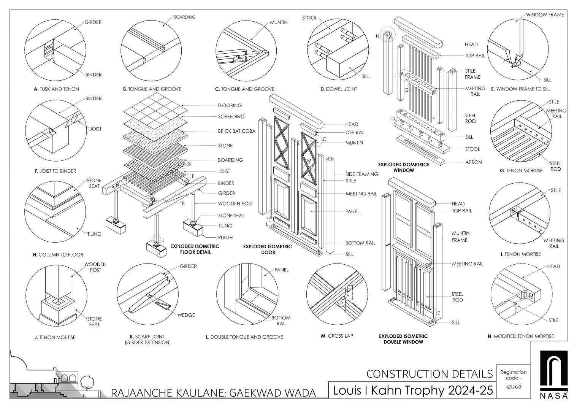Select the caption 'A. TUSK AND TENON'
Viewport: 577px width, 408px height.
pos(56,89)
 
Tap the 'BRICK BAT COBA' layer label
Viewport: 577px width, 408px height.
pos(236,131)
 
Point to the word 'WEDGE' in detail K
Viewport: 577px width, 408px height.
pos(186,315)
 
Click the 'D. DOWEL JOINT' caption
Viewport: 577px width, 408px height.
pos(339,89)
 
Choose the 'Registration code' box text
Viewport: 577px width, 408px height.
pos(514,375)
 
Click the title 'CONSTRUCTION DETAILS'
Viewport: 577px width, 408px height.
pos(430,374)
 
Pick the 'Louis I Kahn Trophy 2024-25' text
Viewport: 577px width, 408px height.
pos(413,391)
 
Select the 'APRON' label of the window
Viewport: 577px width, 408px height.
pos(474,162)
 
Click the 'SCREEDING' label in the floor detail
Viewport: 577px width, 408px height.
pos(231,116)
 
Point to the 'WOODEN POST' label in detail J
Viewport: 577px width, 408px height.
pos(95,267)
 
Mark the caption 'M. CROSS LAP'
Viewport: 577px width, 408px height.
pos(337,336)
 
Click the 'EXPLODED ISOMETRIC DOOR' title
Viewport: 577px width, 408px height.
pos(268,249)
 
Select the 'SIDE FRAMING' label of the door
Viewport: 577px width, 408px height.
pos(361,174)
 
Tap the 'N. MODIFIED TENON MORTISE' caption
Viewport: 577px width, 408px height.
pos(521,336)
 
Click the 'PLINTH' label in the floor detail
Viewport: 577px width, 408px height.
pos(225,237)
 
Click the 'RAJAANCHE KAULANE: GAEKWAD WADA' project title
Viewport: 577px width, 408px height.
pos(213,392)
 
